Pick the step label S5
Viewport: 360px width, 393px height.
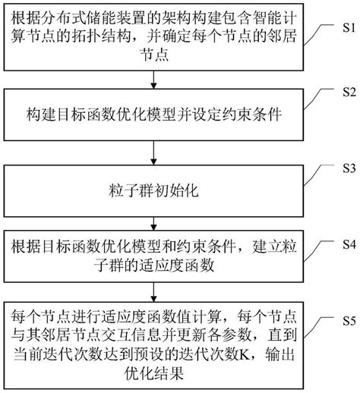[x=346, y=319]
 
